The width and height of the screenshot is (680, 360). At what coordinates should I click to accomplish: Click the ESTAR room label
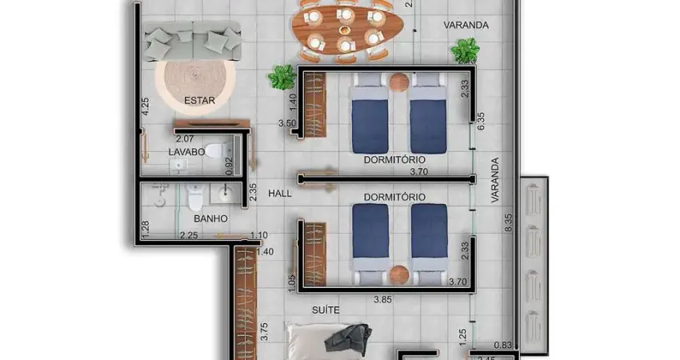point(199,101)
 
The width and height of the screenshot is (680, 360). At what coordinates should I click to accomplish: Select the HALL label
point(280,194)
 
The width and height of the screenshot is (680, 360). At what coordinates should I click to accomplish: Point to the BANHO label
point(210,218)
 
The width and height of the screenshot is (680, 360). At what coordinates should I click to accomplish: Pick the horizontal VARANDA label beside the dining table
point(466,25)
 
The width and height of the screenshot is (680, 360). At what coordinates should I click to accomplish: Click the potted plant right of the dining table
point(464,51)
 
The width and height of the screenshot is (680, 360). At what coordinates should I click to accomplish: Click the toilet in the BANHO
point(194,196)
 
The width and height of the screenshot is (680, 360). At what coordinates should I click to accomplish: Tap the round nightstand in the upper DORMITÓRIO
point(399,81)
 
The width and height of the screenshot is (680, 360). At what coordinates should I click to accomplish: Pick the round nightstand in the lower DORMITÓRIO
point(399,274)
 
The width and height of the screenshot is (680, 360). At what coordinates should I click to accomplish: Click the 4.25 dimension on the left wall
point(145,106)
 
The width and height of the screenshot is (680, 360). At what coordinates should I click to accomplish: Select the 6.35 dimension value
point(481,120)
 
